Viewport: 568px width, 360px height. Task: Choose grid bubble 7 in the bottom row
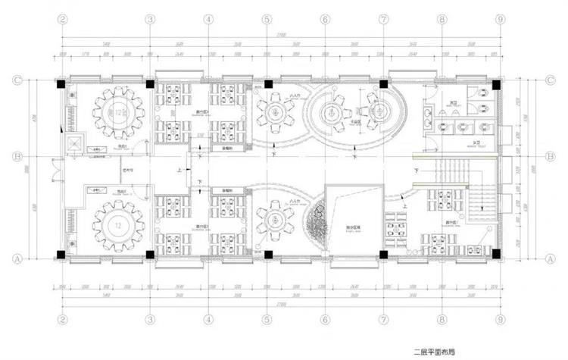click(x=383, y=320)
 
